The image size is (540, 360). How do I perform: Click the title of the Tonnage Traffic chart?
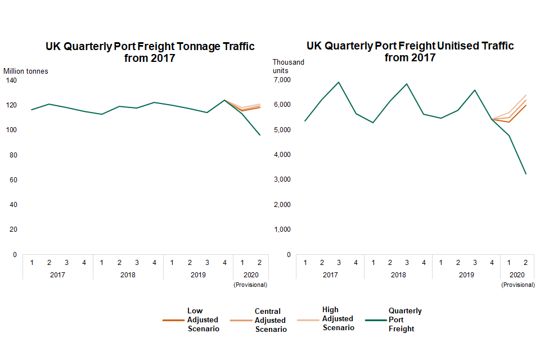pos(150,52)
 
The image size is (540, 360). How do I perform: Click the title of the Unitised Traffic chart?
pos(409,51)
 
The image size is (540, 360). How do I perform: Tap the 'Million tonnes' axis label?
pos(26,71)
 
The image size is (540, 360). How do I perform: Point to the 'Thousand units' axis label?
pos(288,66)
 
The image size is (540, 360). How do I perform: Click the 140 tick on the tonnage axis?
pos(12,80)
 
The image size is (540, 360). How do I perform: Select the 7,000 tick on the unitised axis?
pos(282,80)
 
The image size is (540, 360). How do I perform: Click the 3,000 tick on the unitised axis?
pos(282,179)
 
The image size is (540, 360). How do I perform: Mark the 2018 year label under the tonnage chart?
pos(128,275)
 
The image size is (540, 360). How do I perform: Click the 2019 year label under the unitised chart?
pos(466,275)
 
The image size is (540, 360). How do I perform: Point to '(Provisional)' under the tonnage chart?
pos(250,285)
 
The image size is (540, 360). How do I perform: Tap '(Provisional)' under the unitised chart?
pos(517,285)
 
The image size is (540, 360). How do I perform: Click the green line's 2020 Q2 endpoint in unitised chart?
pos(526,174)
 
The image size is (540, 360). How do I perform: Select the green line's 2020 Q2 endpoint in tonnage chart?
pos(260,135)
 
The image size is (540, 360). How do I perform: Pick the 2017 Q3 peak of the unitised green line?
pos(339,82)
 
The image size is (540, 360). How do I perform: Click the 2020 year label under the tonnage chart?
pos(250,275)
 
